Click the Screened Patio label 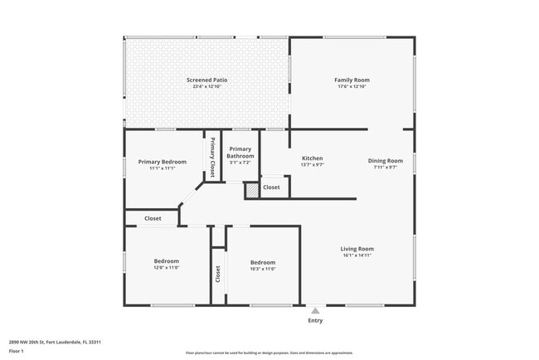pos(206,80)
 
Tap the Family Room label pos(352,80)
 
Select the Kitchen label pos(312,158)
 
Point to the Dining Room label pos(386,160)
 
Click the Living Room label pos(357,249)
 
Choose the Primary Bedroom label pos(162,162)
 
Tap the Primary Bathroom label pos(240,152)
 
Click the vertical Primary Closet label pos(212,157)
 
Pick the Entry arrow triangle pos(315,311)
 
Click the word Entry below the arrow pos(315,321)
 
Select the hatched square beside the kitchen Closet pos(252,190)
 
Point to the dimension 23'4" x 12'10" pos(206,86)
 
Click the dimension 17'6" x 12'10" pos(352,86)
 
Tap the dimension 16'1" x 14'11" pos(357,255)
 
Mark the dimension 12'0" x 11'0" pos(166,268)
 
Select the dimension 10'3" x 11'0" pos(262,268)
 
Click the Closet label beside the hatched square pos(271,187)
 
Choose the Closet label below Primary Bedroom pos(153,219)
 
